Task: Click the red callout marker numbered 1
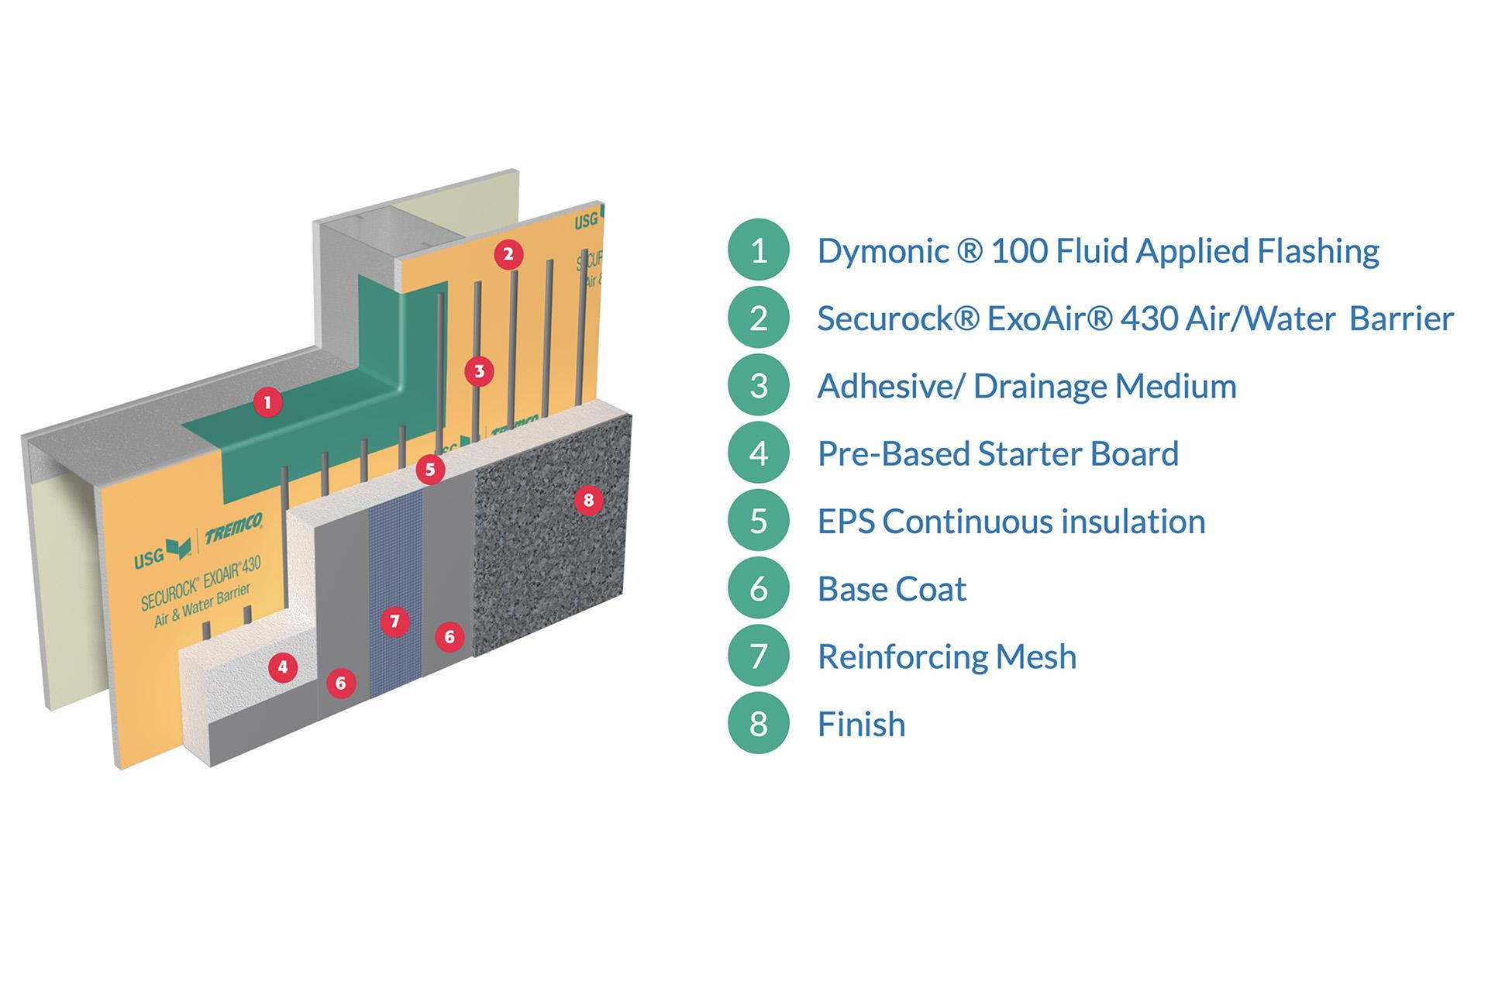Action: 267,402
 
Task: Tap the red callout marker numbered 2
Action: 508,254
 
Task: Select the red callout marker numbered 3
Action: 479,371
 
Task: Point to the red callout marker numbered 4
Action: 283,667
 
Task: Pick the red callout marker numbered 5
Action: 430,469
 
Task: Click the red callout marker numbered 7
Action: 394,622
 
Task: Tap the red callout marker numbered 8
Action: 588,501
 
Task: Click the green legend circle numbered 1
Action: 758,250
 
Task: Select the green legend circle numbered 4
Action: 758,453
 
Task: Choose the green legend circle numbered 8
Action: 758,724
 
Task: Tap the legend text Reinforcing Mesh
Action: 946,657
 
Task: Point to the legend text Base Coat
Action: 891,589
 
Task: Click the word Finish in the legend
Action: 861,725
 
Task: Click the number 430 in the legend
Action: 1147,319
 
